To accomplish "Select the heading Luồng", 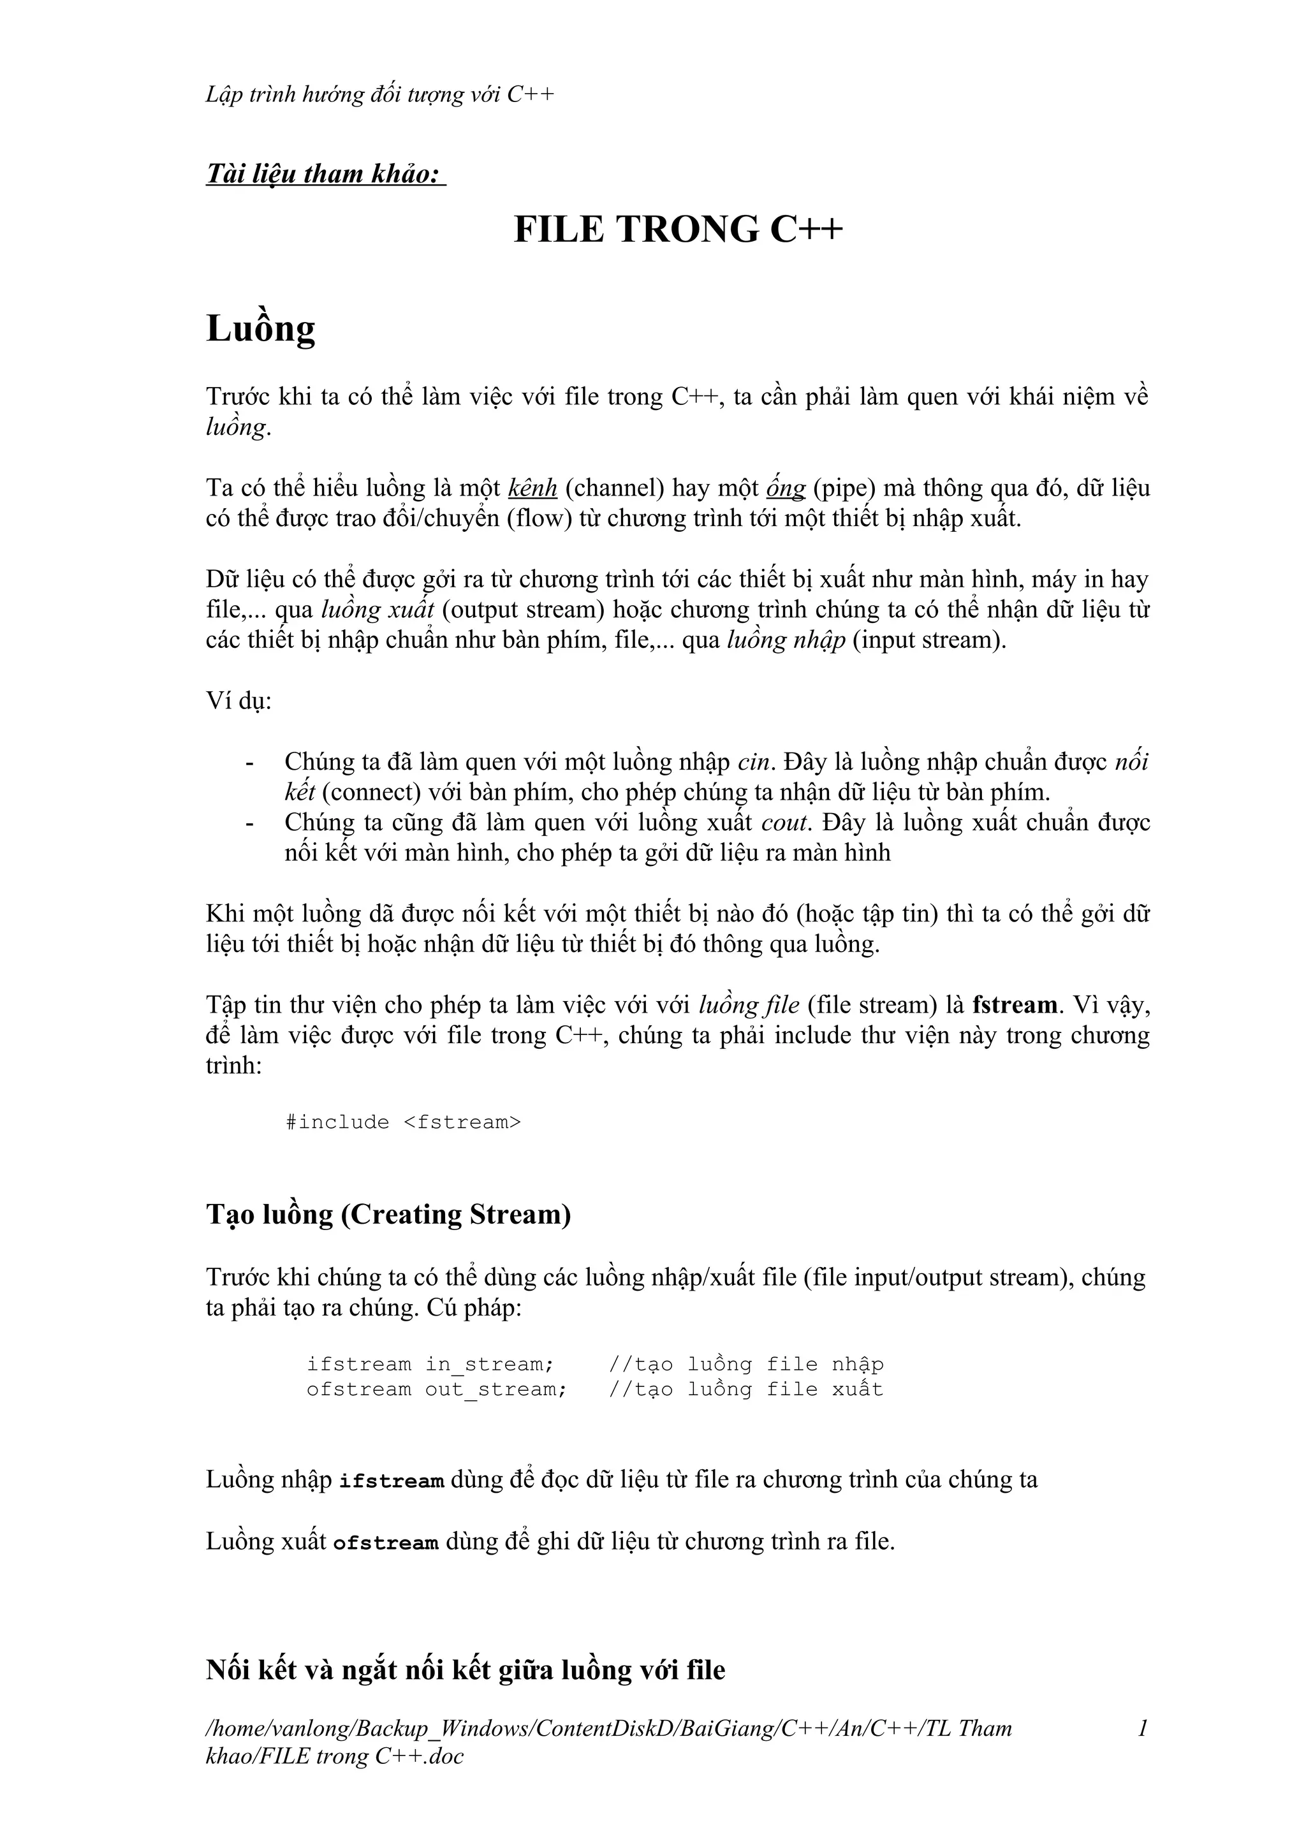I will [x=261, y=329].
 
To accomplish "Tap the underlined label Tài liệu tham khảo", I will [x=325, y=174].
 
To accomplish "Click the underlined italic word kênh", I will [x=532, y=488].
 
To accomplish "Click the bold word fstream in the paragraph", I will [x=1015, y=1005].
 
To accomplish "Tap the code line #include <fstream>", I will [x=403, y=1122].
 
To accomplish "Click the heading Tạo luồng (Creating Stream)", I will [x=388, y=1214].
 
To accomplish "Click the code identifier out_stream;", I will [x=495, y=1390].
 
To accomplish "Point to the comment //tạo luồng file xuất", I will [x=746, y=1390].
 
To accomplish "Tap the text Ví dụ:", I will [x=239, y=700].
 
